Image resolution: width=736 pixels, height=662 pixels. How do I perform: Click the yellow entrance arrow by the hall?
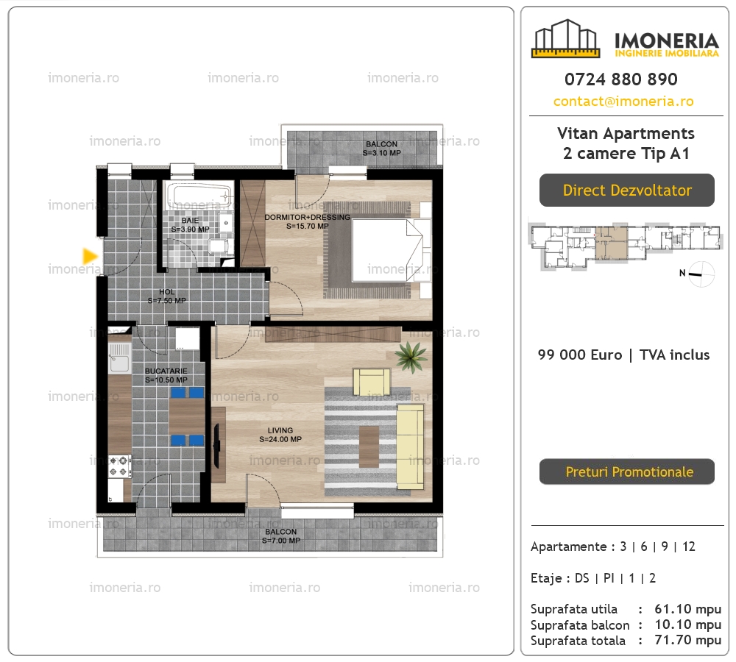(90, 256)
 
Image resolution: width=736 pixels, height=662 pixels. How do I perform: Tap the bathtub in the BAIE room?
(199, 196)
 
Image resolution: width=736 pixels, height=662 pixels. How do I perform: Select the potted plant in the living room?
(411, 357)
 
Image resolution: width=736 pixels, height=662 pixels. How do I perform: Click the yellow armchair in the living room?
(371, 382)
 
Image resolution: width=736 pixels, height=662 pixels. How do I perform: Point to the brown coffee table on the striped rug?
(369, 447)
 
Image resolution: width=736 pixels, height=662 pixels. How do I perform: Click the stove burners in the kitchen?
(119, 466)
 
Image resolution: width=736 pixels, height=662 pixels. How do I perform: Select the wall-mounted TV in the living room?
(216, 446)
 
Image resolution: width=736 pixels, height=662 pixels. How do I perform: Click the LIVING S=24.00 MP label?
(280, 435)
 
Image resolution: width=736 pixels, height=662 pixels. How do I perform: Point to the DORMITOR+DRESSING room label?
(308, 221)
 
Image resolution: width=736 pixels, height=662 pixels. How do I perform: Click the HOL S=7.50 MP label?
(166, 296)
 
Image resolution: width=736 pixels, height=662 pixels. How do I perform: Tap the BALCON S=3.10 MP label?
(381, 149)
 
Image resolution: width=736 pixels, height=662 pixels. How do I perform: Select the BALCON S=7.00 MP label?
(280, 535)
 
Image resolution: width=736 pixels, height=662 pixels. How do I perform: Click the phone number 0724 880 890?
(621, 79)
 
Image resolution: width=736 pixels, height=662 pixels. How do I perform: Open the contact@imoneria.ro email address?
(623, 102)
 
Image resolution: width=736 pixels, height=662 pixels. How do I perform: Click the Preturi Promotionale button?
(627, 471)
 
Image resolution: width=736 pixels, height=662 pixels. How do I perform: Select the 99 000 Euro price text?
(580, 355)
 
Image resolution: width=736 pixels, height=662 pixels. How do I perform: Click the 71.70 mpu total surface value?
(687, 640)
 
